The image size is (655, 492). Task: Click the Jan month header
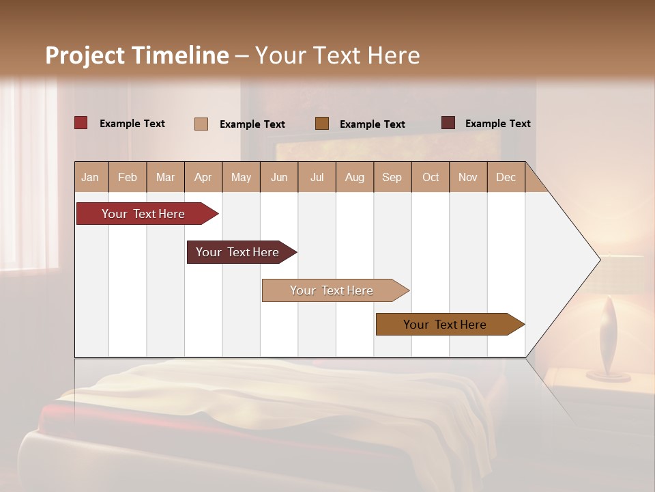(91, 177)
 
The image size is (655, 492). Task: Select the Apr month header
(203, 177)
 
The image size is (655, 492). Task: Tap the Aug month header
(355, 177)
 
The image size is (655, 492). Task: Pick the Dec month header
(506, 177)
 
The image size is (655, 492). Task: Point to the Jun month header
(279, 177)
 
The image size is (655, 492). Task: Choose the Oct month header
(431, 177)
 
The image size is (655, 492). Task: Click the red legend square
(81, 123)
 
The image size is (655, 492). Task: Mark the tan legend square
(201, 124)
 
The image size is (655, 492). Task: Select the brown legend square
(322, 123)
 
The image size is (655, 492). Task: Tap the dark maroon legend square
(448, 123)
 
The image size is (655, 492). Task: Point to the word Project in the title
(85, 55)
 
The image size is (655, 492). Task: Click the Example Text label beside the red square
(132, 124)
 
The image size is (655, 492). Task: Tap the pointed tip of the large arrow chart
(598, 259)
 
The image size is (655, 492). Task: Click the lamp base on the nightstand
(608, 375)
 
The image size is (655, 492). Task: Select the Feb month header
(128, 177)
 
